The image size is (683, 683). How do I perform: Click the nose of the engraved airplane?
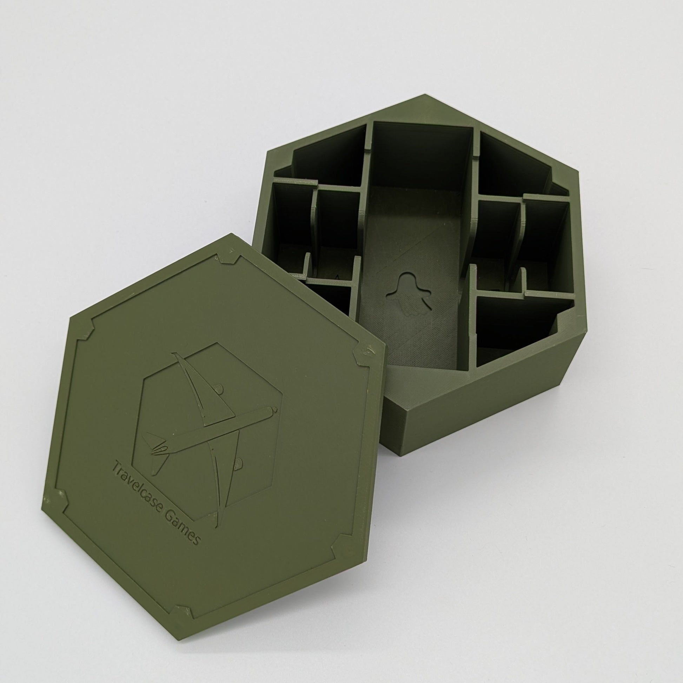274,411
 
